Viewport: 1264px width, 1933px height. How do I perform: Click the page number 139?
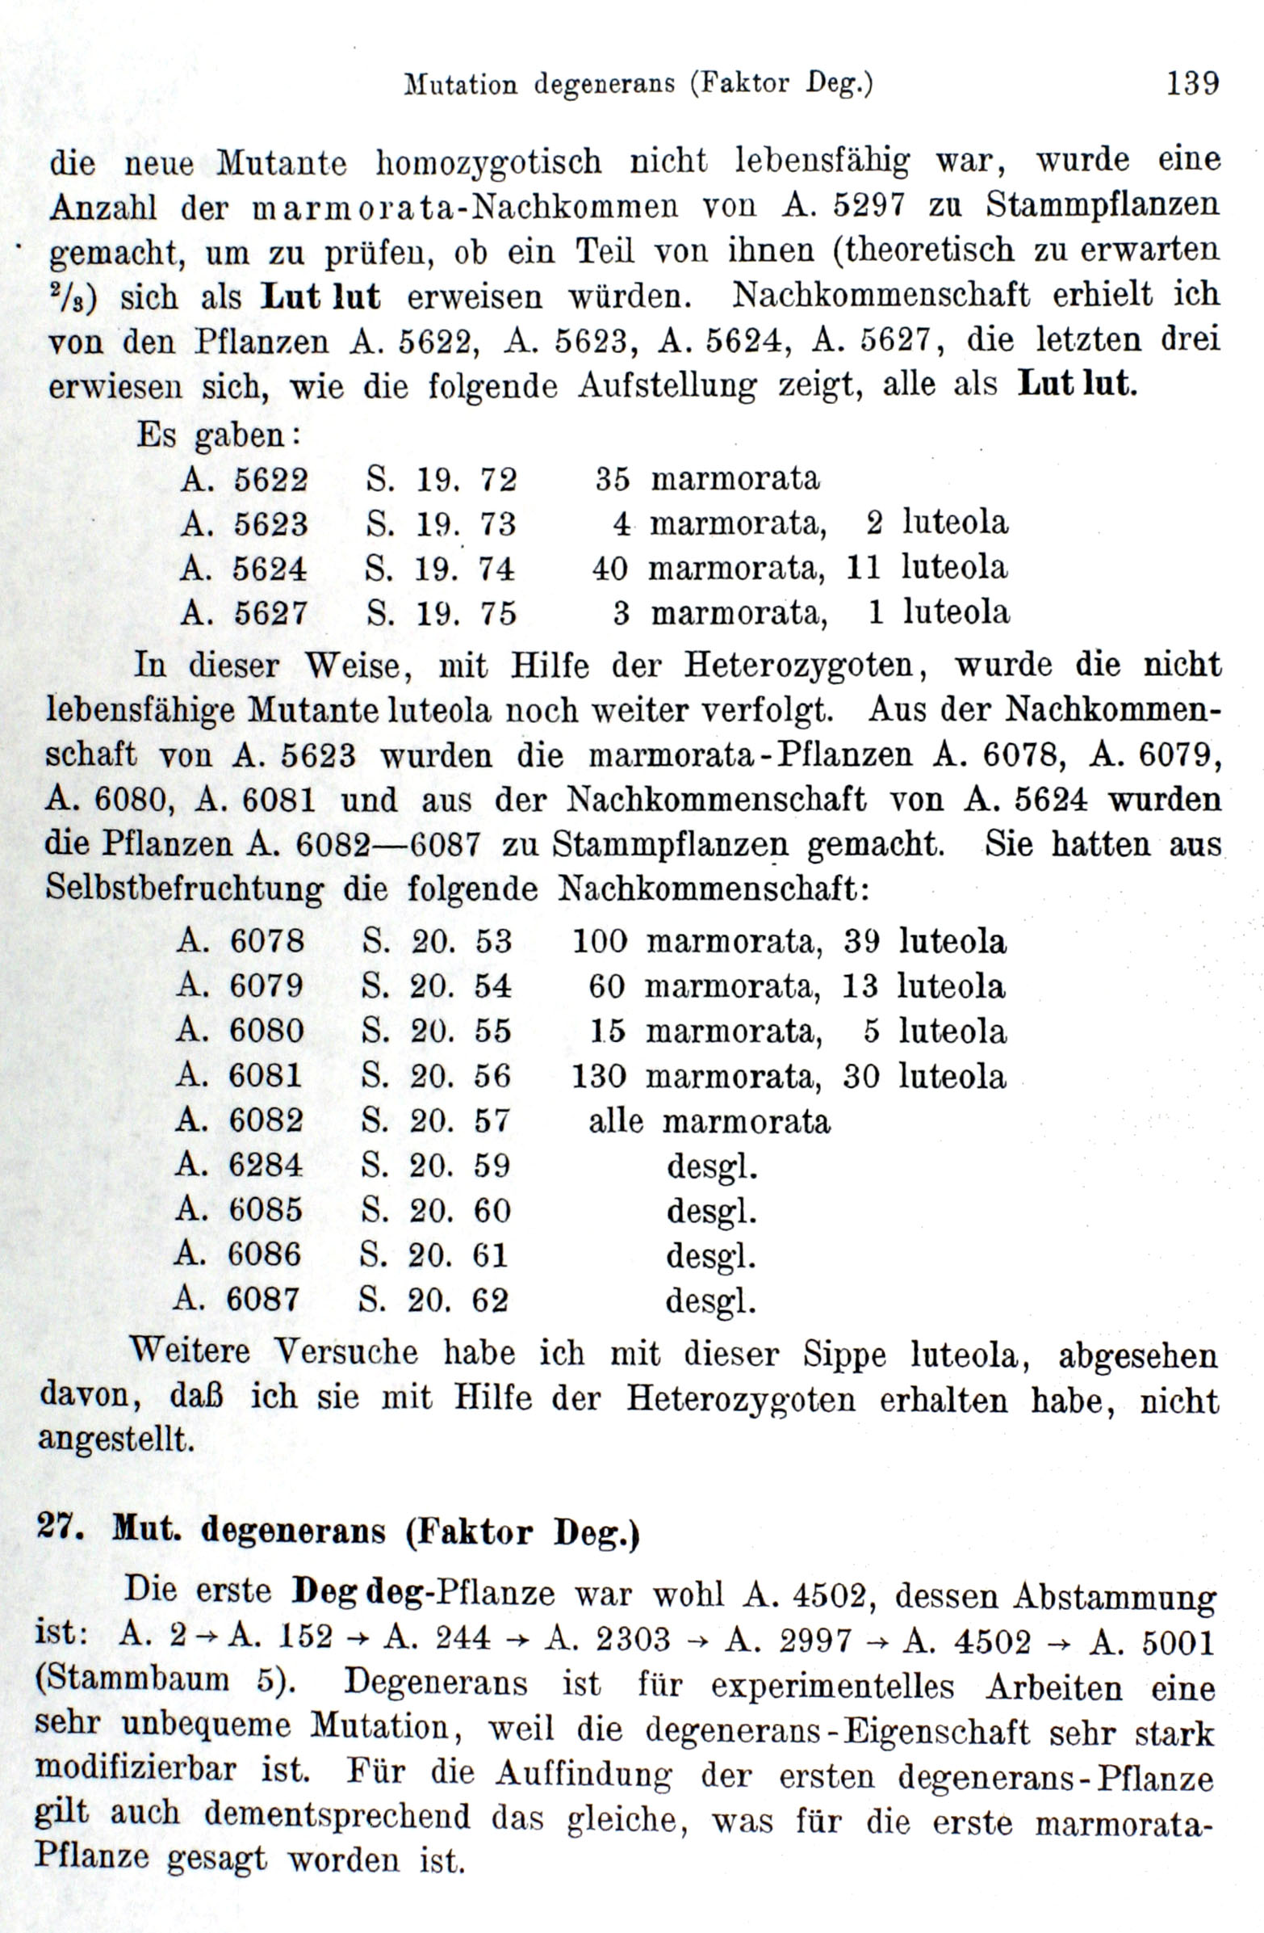[x=1191, y=84]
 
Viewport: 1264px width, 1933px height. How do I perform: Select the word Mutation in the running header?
[x=460, y=85]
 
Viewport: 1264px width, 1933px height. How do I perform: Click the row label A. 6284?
[x=239, y=1166]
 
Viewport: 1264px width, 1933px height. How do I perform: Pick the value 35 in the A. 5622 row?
[x=612, y=479]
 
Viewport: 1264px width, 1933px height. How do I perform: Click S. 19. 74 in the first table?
[x=440, y=569]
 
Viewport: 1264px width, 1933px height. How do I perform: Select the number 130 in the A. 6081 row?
[x=599, y=1077]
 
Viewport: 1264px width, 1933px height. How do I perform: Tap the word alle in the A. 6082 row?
[x=615, y=1122]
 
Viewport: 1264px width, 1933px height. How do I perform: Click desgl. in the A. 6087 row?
[x=710, y=1301]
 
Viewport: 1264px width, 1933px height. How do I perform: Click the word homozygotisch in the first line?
[x=488, y=162]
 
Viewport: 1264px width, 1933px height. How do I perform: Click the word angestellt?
[x=117, y=1440]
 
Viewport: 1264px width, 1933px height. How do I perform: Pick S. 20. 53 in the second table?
[x=437, y=941]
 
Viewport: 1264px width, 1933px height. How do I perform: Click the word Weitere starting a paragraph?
[x=191, y=1351]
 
